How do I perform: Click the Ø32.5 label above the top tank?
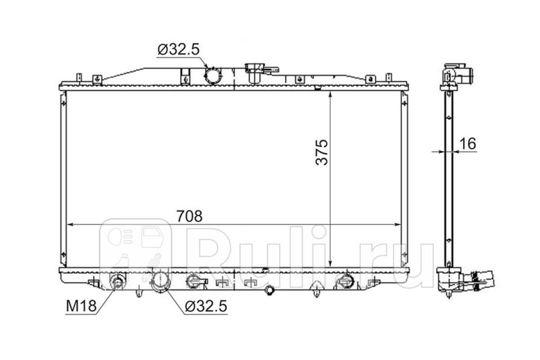[x=178, y=49]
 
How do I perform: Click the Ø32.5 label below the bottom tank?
[x=206, y=306]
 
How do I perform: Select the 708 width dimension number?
[x=189, y=216]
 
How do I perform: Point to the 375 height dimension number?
[x=322, y=152]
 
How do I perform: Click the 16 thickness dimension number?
[x=468, y=144]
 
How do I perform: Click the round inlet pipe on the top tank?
[x=212, y=76]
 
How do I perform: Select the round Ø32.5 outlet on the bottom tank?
[x=160, y=282]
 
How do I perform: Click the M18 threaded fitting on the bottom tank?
[x=117, y=282]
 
